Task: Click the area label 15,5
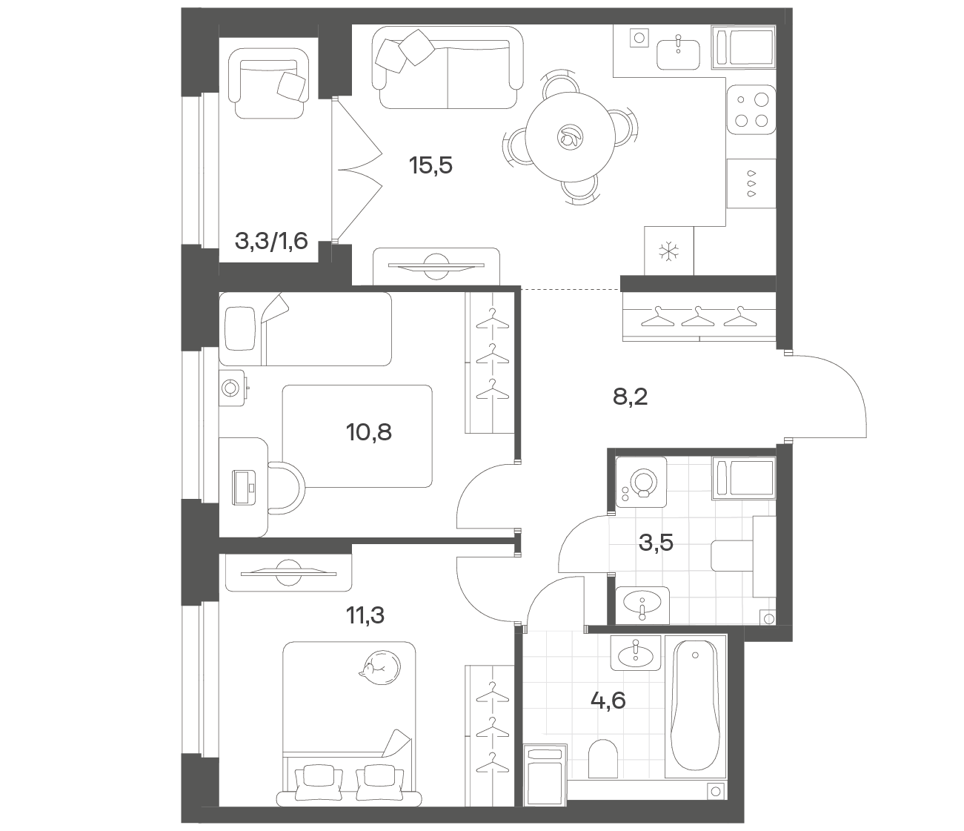[x=431, y=165]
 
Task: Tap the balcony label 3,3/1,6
[x=271, y=241]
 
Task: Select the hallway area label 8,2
[x=630, y=397]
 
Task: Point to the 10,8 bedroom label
[x=368, y=432]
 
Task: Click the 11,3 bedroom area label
[x=365, y=615]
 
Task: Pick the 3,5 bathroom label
[x=656, y=543]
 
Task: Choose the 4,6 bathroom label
[x=608, y=701]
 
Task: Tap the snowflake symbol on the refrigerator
[x=668, y=251]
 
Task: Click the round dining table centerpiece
[x=570, y=137]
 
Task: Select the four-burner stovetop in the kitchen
[x=751, y=110]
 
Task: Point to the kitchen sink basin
[x=678, y=55]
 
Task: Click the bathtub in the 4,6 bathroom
[x=695, y=706]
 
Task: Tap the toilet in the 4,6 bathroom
[x=603, y=758]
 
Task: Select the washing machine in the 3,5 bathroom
[x=641, y=482]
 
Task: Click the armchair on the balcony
[x=269, y=83]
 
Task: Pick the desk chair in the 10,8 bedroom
[x=286, y=488]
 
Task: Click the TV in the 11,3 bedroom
[x=288, y=572]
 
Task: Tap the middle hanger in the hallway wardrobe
[x=698, y=317]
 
